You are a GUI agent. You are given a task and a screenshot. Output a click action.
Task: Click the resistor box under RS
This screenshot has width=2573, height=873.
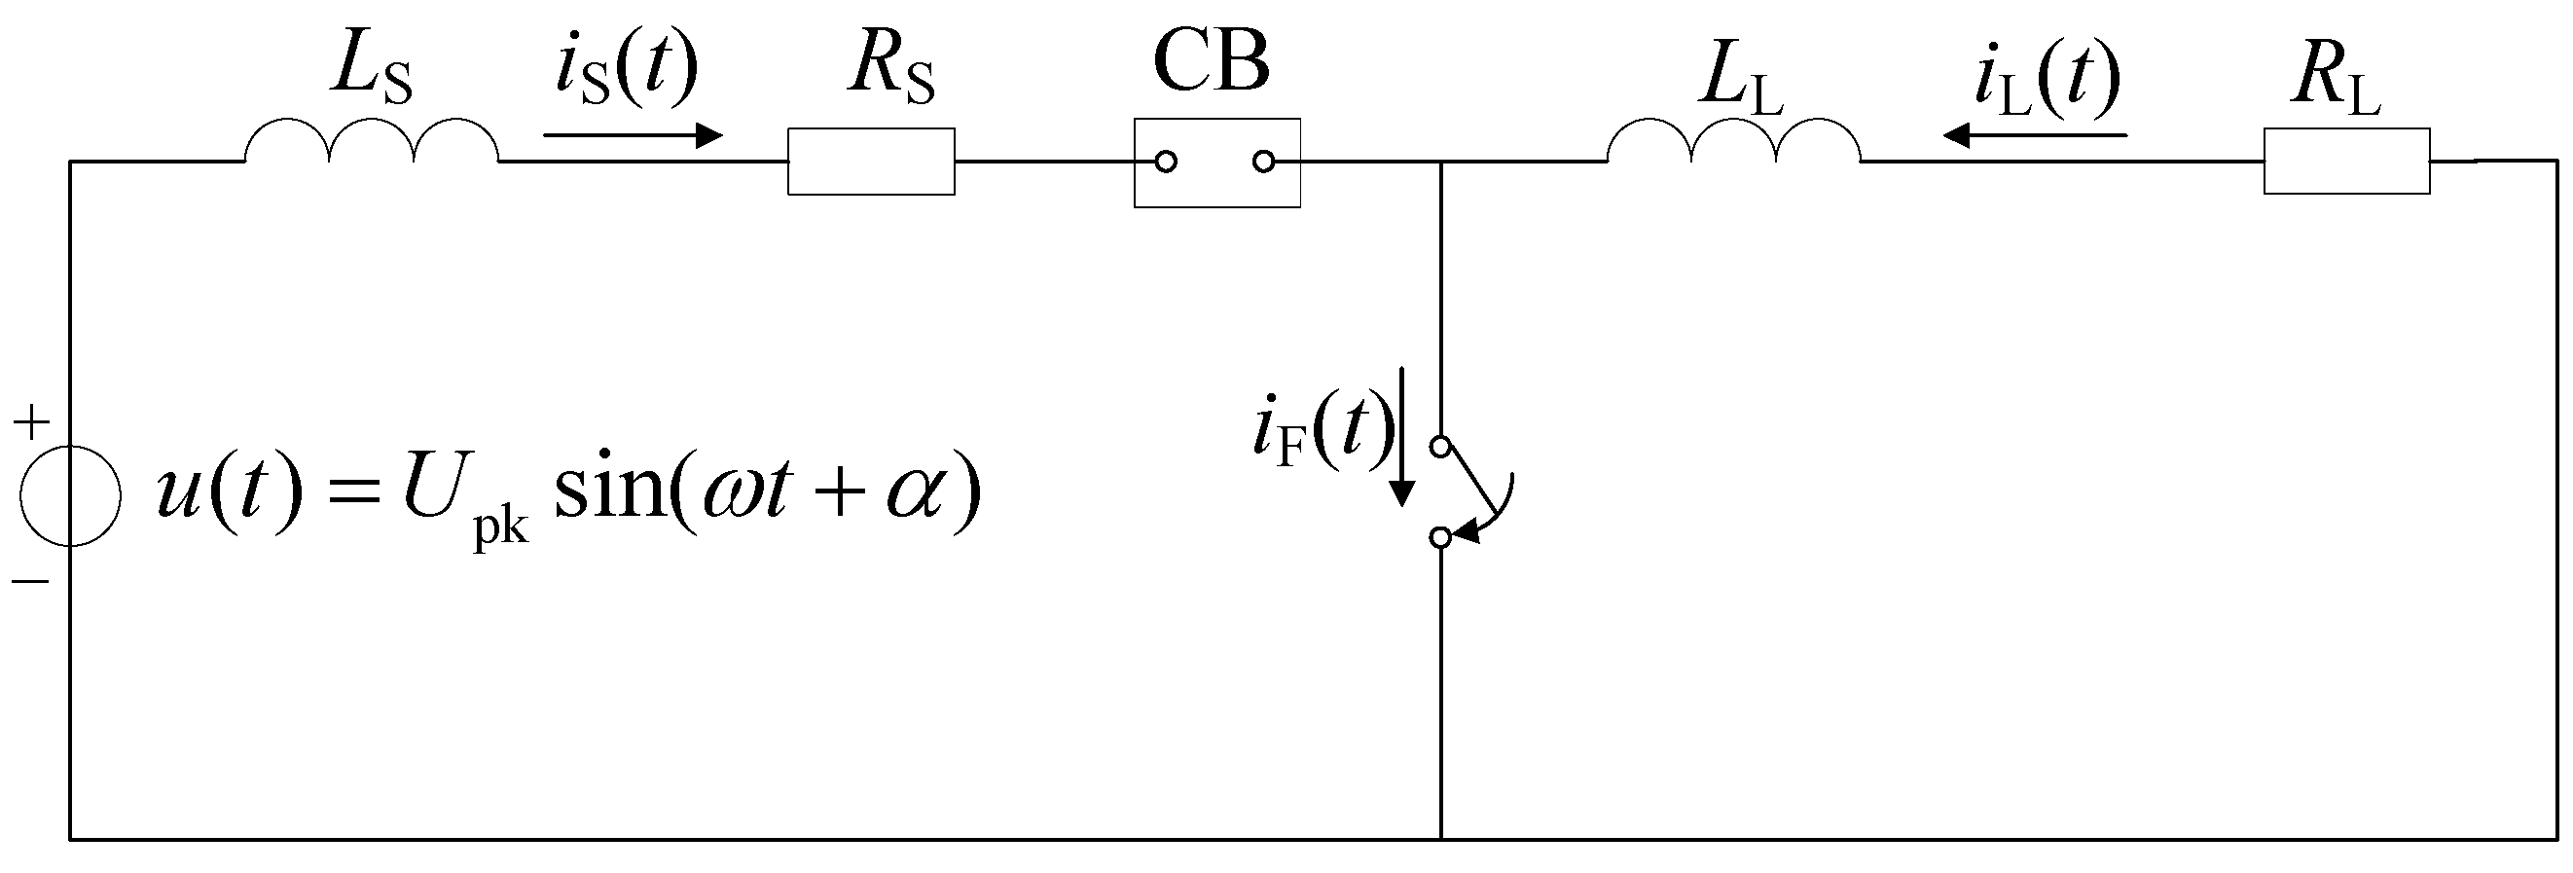tap(871, 161)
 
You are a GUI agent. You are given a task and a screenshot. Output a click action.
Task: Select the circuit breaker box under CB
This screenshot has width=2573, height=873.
tap(1216, 163)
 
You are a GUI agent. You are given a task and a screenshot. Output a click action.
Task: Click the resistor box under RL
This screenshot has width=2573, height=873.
tap(2346, 161)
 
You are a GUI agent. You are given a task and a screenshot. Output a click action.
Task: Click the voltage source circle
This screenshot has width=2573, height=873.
tap(71, 495)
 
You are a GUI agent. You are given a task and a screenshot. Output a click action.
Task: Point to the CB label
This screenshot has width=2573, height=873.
tap(1211, 62)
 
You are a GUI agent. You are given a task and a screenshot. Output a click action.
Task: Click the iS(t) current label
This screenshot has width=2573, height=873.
tap(627, 70)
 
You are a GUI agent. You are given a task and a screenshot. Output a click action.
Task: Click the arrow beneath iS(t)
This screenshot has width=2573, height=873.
tap(633, 134)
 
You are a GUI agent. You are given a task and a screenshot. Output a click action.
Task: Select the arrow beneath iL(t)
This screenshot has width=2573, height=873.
tap(2035, 134)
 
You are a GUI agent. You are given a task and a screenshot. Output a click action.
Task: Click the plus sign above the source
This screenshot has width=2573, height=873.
tap(31, 423)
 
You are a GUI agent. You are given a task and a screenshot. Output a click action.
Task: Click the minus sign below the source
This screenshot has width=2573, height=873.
tap(31, 580)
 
